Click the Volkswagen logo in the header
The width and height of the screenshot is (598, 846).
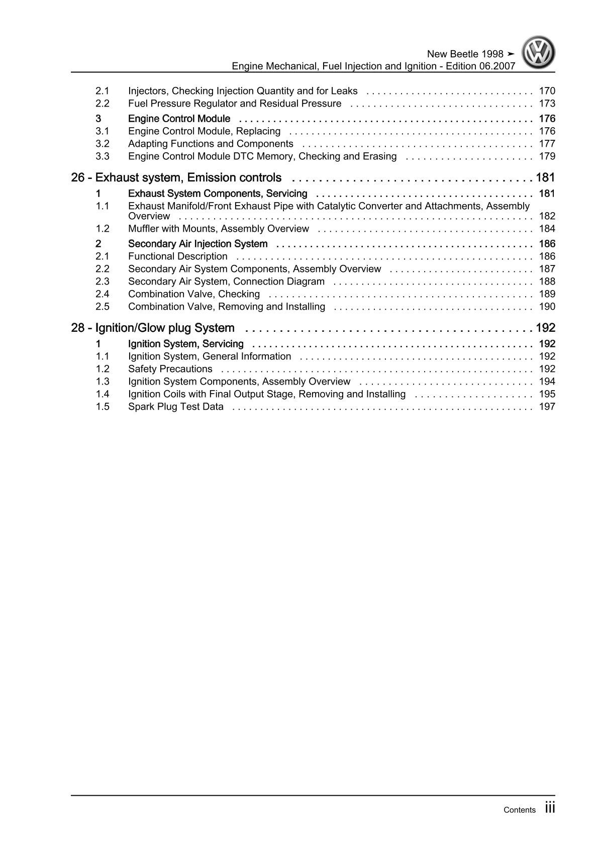tap(538, 52)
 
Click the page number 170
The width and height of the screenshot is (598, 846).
tap(547, 91)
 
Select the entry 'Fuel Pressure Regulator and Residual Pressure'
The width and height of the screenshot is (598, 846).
tap(235, 104)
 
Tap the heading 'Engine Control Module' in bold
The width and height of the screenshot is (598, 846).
tap(179, 119)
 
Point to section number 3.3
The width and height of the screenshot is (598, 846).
tap(103, 156)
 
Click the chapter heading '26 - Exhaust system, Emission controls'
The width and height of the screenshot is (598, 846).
tap(176, 177)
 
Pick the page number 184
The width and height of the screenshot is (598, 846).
tap(547, 229)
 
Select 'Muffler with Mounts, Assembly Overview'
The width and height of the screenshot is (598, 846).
tap(219, 229)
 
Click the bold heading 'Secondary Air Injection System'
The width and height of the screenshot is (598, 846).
tap(198, 244)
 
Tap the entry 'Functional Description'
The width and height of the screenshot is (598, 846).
tap(178, 256)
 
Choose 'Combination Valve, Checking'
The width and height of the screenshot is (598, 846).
tap(194, 294)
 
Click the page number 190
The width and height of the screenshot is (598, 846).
tap(547, 307)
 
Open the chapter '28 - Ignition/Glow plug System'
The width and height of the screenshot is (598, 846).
tap(153, 328)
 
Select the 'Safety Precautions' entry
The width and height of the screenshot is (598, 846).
tap(170, 369)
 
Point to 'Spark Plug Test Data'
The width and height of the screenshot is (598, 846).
tap(176, 407)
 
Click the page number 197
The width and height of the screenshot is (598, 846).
tap(547, 407)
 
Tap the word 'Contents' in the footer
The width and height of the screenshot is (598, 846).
tap(520, 810)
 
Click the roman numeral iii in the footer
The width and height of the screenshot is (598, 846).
tap(550, 808)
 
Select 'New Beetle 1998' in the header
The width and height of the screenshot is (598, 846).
tap(465, 54)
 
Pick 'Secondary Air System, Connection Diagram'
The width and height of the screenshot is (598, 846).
tap(227, 281)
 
